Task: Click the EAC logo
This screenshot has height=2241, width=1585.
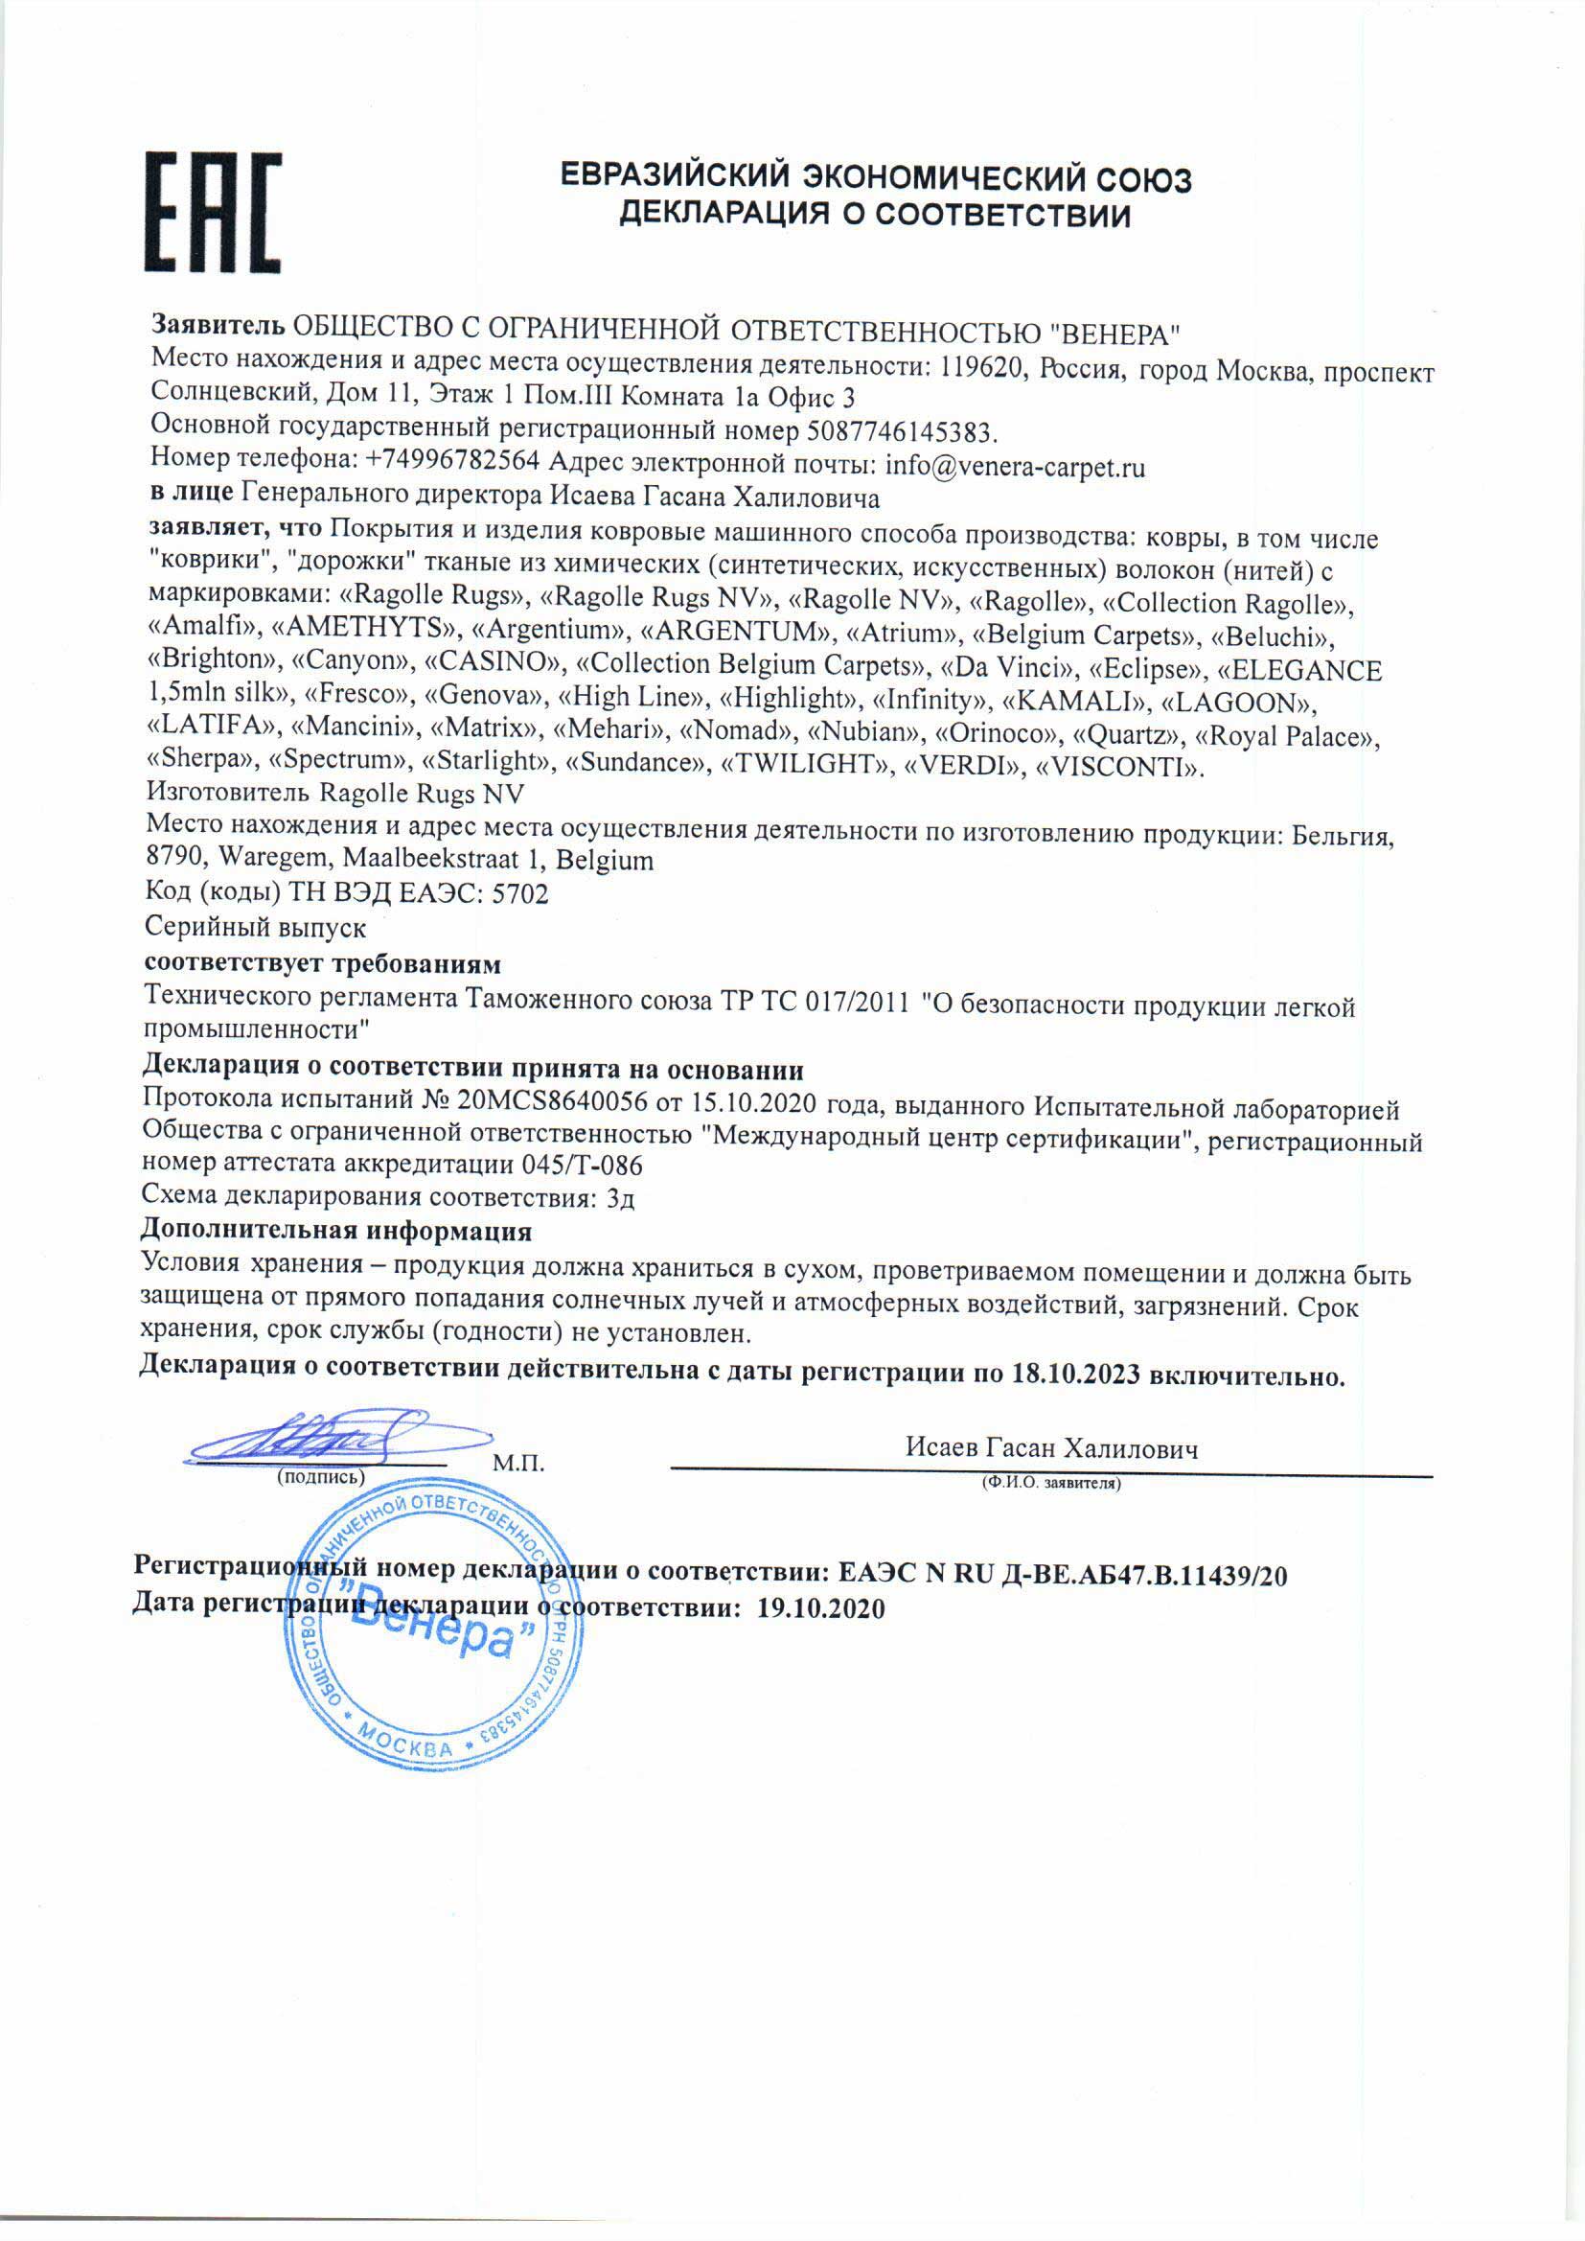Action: click(214, 212)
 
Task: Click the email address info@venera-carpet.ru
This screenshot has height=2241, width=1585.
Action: click(1015, 467)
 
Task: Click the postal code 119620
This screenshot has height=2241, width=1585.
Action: click(981, 368)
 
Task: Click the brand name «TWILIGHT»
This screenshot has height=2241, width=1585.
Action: click(806, 764)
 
